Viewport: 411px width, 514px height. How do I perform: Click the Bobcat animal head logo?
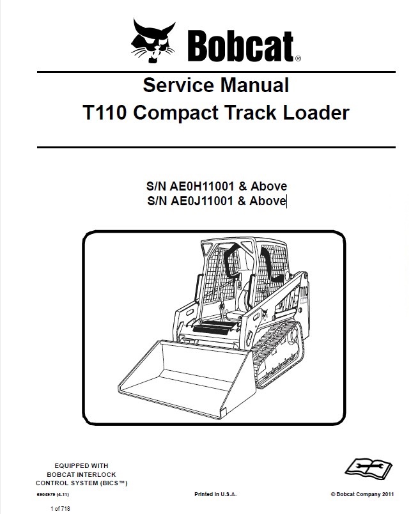tap(153, 41)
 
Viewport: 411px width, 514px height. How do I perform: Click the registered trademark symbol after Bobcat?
tap(298, 59)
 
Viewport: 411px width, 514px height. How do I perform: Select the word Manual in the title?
tap(254, 85)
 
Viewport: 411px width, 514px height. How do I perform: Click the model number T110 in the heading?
tap(105, 113)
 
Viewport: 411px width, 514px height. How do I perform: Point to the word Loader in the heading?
tap(316, 113)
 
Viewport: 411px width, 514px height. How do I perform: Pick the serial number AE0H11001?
tap(201, 186)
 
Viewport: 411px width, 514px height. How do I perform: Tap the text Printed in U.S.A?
tap(215, 494)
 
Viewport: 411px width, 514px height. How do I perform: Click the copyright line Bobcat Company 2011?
tap(362, 494)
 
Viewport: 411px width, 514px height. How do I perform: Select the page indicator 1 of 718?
tap(60, 508)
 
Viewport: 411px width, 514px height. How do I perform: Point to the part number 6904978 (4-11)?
tap(53, 494)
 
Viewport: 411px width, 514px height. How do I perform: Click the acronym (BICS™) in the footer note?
tap(113, 483)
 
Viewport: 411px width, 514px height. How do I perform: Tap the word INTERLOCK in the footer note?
tap(97, 474)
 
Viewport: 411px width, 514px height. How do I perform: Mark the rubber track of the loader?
tap(279, 355)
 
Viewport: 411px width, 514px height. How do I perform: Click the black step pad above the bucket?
tap(215, 327)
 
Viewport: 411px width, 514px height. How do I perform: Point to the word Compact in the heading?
tap(176, 113)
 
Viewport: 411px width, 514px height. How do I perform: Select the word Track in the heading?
tap(251, 113)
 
